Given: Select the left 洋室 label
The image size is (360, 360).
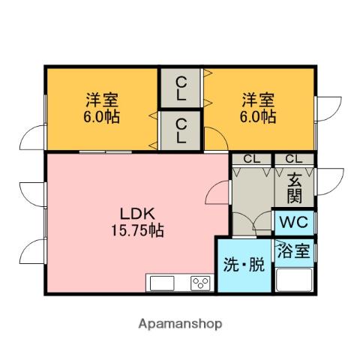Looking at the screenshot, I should point(100,99).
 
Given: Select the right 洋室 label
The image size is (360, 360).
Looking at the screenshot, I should point(258,99).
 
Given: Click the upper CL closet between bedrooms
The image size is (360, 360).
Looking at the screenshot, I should point(181,88).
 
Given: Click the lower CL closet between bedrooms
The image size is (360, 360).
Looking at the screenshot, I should point(181,130).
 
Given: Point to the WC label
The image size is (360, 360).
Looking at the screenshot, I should point(294,222).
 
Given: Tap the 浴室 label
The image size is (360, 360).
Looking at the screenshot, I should point(294,250).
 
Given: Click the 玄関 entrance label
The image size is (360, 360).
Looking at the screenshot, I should point(294,187).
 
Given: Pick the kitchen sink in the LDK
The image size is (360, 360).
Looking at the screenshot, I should point(162,283).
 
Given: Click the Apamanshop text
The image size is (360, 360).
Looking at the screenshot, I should point(179,324).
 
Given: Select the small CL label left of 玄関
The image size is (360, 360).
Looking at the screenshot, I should point(251,159).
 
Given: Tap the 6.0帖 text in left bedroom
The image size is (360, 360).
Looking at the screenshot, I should point(100,118).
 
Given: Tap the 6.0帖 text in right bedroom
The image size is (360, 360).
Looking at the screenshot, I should point(258,118).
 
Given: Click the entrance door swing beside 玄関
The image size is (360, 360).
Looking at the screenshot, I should point(327,181).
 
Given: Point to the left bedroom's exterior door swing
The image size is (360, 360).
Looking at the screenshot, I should point(34,139).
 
